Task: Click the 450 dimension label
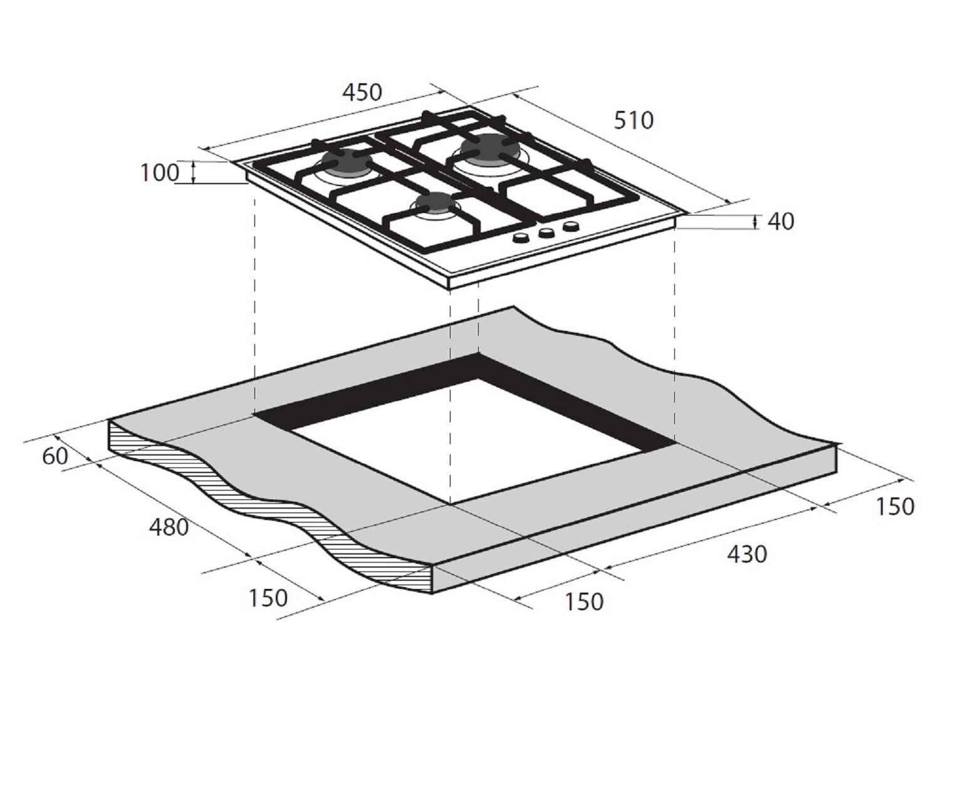pos(362,92)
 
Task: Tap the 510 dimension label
pos(633,120)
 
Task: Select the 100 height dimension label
pos(159,173)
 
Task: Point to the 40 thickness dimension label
pos(781,222)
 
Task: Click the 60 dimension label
pos(55,456)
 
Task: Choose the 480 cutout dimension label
pos(169,528)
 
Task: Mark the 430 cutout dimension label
pos(747,554)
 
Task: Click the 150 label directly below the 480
pos(268,598)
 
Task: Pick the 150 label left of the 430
pos(583,601)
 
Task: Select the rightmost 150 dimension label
pos(895,506)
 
